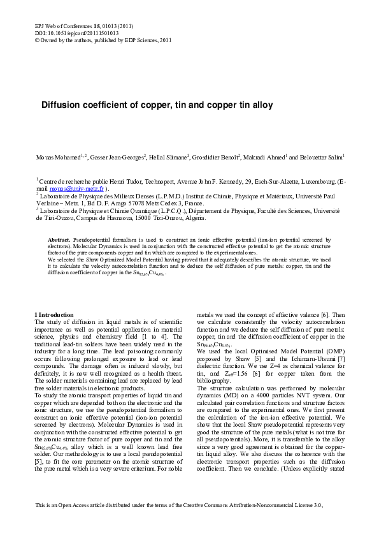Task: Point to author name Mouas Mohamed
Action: pos(54,157)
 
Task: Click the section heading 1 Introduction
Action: pos(54,314)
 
